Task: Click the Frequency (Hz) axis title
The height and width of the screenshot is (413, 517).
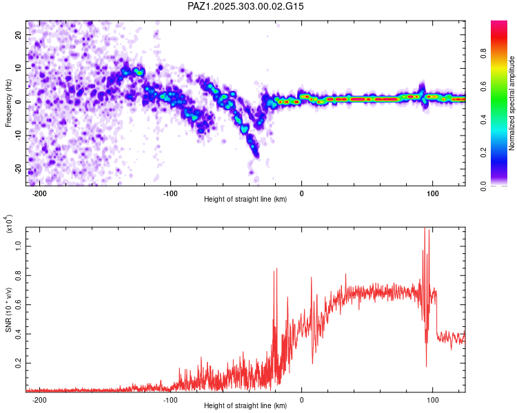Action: click(x=8, y=103)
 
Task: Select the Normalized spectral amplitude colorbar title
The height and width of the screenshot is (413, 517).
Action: click(x=511, y=104)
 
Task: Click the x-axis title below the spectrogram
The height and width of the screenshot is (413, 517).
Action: click(x=245, y=200)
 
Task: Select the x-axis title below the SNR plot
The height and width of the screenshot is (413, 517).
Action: click(x=245, y=405)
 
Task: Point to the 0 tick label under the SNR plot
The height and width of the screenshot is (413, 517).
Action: click(x=301, y=399)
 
